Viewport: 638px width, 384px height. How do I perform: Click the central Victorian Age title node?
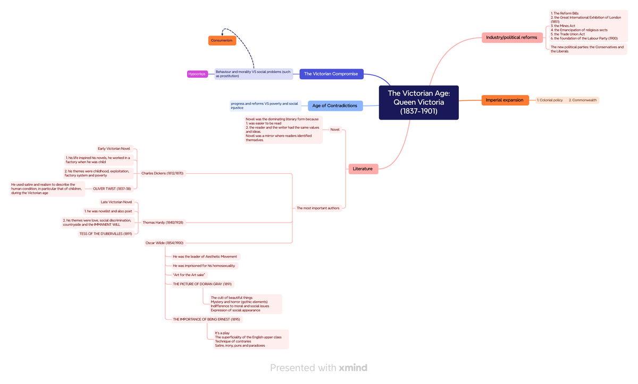pos(418,103)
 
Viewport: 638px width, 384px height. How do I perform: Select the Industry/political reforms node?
pos(511,38)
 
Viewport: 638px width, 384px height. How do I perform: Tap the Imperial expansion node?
pos(505,100)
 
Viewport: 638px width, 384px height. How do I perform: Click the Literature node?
pos(363,169)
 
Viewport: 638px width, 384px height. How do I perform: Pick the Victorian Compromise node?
pos(331,74)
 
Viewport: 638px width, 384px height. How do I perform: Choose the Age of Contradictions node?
pos(334,106)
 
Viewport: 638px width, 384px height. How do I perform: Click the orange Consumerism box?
pos(222,40)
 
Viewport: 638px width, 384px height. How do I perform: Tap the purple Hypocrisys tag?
pos(197,74)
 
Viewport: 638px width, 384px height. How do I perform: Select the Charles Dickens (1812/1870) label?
pos(162,173)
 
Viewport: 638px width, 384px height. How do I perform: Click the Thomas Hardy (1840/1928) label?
pos(163,223)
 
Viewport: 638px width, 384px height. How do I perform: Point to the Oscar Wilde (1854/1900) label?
pos(164,243)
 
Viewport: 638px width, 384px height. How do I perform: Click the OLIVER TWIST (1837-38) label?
pos(112,189)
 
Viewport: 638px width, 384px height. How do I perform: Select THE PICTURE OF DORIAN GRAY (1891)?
pos(202,284)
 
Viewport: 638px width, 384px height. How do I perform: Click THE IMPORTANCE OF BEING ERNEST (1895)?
pos(206,319)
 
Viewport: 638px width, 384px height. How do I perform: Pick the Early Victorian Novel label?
pos(114,149)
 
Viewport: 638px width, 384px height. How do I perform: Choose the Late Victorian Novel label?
pos(116,202)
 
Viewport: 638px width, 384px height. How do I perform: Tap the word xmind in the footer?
pos(353,368)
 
